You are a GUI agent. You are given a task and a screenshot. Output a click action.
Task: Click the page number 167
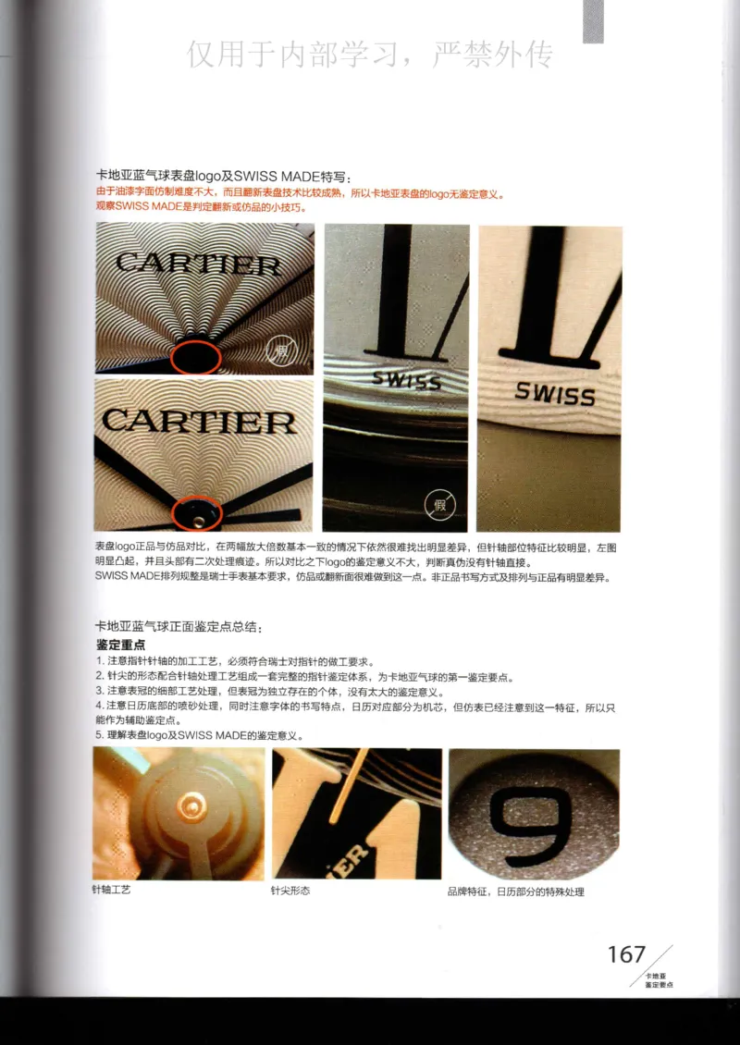click(x=625, y=954)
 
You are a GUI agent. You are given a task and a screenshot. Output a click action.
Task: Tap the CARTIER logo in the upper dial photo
click(x=198, y=264)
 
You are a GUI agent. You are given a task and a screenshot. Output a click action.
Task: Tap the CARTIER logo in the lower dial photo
click(x=199, y=423)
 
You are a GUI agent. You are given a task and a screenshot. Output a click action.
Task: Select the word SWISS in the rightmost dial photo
click(x=555, y=394)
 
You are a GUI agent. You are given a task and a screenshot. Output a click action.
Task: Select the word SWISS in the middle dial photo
click(x=406, y=379)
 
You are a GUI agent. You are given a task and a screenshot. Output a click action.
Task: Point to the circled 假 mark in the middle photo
click(x=439, y=505)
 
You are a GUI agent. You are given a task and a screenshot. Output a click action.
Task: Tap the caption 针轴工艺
click(x=111, y=890)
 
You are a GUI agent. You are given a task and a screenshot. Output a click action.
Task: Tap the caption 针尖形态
click(x=290, y=891)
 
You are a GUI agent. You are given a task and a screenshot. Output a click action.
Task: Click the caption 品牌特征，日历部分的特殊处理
click(x=515, y=891)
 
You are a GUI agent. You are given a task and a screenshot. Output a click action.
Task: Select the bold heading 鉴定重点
click(x=120, y=644)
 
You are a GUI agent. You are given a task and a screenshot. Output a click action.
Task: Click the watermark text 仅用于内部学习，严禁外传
click(x=370, y=55)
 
